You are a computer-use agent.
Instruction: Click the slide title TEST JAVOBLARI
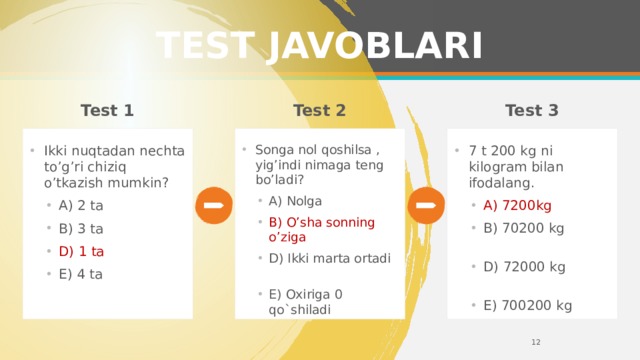pyautogui.click(x=320, y=46)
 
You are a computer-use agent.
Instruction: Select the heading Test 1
pyautogui.click(x=107, y=110)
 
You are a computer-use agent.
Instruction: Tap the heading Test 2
pyautogui.click(x=320, y=110)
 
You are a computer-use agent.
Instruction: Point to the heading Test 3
pyautogui.click(x=532, y=110)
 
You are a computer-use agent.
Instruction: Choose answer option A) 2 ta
pyautogui.click(x=81, y=206)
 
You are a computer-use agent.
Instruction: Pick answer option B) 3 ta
pyautogui.click(x=81, y=228)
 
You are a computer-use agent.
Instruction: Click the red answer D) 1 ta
pyautogui.click(x=81, y=250)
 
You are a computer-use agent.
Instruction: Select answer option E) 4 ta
pyautogui.click(x=81, y=273)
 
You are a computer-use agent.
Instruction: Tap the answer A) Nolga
pyautogui.click(x=294, y=200)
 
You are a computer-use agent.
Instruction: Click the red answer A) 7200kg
pyautogui.click(x=517, y=206)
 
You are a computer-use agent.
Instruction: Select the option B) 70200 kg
pyautogui.click(x=523, y=228)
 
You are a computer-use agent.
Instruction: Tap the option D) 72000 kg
pyautogui.click(x=523, y=267)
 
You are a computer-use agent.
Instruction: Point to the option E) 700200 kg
pyautogui.click(x=527, y=305)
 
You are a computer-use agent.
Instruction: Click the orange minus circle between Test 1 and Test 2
pyautogui.click(x=212, y=205)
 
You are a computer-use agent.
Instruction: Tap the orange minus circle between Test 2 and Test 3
pyautogui.click(x=426, y=205)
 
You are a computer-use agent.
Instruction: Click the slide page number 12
pyautogui.click(x=536, y=343)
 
